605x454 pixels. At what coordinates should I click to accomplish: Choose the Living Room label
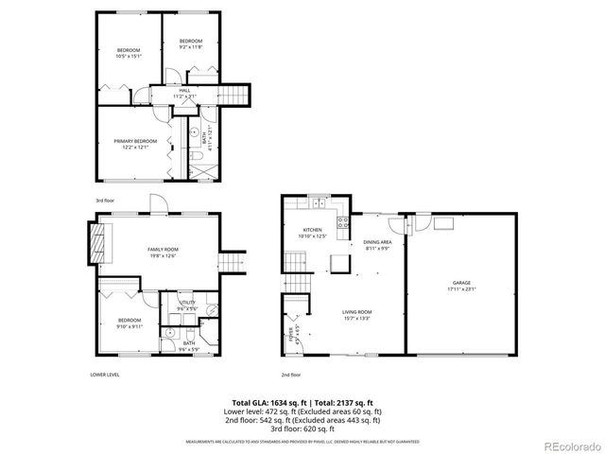356,314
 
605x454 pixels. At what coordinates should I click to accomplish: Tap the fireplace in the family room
98,243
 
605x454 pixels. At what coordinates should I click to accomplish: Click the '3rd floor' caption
104,201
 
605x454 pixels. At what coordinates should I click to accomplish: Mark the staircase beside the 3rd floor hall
234,94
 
